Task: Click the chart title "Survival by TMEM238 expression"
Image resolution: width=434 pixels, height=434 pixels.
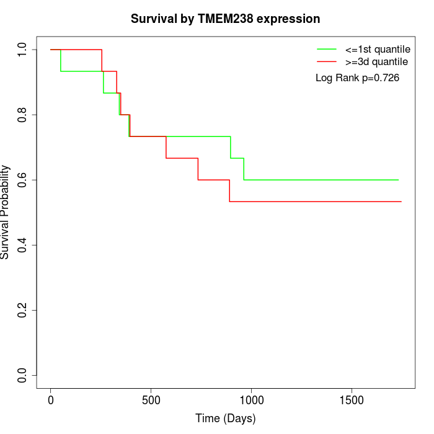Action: tap(225, 19)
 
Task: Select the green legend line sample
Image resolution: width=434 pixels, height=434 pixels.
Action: tap(326, 48)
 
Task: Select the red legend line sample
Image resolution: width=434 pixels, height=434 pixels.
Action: tap(326, 61)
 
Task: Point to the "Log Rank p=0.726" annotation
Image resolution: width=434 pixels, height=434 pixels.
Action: tap(357, 78)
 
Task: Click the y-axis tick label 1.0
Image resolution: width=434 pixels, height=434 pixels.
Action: tap(23, 50)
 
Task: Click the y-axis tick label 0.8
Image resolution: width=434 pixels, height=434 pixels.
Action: tap(23, 115)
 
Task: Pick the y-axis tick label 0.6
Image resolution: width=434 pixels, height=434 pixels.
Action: tap(23, 180)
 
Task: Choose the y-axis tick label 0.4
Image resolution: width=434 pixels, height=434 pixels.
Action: tap(23, 245)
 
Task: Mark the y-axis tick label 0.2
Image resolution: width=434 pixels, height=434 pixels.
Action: tap(23, 310)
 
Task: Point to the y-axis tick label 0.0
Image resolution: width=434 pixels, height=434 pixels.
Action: tap(23, 375)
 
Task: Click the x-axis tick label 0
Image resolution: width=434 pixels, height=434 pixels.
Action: tap(51, 400)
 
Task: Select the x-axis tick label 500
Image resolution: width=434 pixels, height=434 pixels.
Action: tap(151, 400)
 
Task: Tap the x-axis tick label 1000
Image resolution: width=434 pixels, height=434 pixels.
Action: tap(251, 400)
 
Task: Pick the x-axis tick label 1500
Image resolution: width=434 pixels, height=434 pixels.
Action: tap(352, 400)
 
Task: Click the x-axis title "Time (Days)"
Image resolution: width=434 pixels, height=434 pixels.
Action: tap(225, 418)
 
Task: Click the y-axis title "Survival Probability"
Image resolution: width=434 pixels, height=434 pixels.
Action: tap(6, 212)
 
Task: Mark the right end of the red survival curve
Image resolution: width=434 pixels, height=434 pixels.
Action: tap(401, 201)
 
